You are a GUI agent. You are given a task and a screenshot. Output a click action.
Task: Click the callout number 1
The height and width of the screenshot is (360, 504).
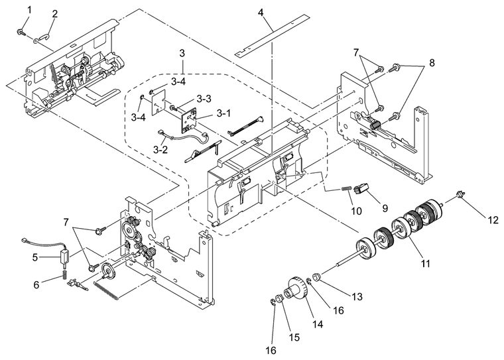click(30, 10)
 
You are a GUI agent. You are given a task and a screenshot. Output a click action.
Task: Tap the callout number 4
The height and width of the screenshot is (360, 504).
click(261, 13)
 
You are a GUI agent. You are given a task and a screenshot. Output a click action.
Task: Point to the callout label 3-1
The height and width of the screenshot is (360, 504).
click(223, 113)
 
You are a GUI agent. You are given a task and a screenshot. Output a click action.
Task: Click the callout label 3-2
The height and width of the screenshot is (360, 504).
click(160, 150)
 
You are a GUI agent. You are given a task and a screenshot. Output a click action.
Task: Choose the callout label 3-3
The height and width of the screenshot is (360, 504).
click(204, 99)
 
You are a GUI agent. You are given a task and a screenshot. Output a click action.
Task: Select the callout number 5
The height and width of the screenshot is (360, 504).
click(35, 257)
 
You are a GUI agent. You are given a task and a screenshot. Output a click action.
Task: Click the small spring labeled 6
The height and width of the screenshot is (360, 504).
click(64, 274)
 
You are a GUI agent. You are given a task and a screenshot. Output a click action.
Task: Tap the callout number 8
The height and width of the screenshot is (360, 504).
click(432, 63)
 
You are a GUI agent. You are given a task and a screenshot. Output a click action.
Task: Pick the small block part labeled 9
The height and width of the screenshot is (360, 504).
click(361, 189)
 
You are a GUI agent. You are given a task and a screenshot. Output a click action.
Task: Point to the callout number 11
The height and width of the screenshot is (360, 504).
click(425, 264)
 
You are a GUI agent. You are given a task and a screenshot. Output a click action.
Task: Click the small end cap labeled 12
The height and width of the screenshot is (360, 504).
click(461, 194)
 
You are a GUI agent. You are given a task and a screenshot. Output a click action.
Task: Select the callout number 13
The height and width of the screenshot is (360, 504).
click(357, 296)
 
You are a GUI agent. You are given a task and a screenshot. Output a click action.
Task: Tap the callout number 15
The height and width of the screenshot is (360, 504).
click(294, 337)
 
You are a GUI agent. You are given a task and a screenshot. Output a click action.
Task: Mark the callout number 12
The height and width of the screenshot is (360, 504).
click(493, 220)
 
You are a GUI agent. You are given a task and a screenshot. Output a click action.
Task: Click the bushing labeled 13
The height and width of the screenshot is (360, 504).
click(317, 276)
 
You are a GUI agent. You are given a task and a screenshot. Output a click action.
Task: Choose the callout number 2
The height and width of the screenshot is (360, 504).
click(54, 14)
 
